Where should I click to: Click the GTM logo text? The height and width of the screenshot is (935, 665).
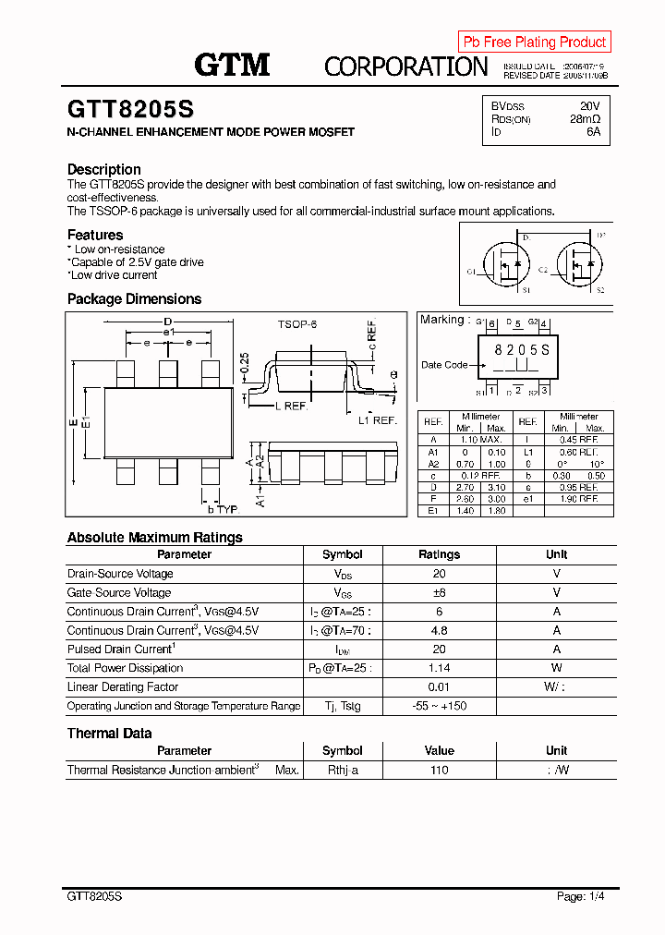tap(232, 64)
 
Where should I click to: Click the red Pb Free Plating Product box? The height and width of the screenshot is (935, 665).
tap(535, 42)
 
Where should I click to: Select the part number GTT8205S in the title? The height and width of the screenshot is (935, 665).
tap(130, 109)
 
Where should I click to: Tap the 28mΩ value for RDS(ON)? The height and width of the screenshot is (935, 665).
tap(585, 119)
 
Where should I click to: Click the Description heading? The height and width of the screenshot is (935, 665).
tap(104, 169)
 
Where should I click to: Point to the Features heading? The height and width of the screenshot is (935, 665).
tap(95, 235)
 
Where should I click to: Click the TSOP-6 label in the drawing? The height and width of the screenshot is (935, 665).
tap(297, 325)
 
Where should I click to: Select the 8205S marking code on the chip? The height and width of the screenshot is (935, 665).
tap(521, 349)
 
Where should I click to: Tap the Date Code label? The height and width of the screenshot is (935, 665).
tap(444, 365)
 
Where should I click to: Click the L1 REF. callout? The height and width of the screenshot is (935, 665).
tap(377, 420)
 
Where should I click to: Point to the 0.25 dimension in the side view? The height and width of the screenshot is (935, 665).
tap(244, 363)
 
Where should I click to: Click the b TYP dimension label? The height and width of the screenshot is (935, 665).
tap(223, 509)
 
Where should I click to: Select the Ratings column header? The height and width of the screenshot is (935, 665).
tap(439, 554)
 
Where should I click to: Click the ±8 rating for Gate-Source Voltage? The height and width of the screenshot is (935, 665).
tap(439, 592)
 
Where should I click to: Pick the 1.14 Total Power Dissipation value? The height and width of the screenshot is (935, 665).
tap(439, 668)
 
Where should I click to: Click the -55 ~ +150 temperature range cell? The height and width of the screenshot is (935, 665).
tap(439, 706)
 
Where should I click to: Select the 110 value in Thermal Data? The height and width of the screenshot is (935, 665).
tap(439, 770)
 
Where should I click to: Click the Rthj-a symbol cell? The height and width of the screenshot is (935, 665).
tap(342, 770)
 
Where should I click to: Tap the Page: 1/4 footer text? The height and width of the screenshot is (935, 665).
tap(581, 896)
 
